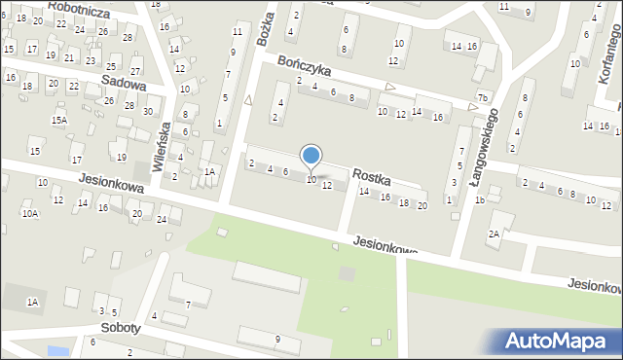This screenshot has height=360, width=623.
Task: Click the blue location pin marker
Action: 311,157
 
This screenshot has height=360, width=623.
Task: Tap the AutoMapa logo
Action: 560,341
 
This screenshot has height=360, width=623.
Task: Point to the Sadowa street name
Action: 124,85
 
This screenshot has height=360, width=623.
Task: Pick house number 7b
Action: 482,95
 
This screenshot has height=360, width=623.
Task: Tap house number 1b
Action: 480,200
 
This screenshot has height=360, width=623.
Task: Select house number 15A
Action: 59,120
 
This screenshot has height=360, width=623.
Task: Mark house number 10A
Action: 30,213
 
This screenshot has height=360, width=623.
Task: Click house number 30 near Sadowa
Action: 148,111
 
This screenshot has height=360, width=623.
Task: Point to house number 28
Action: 128,37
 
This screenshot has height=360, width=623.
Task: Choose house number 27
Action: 135,72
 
